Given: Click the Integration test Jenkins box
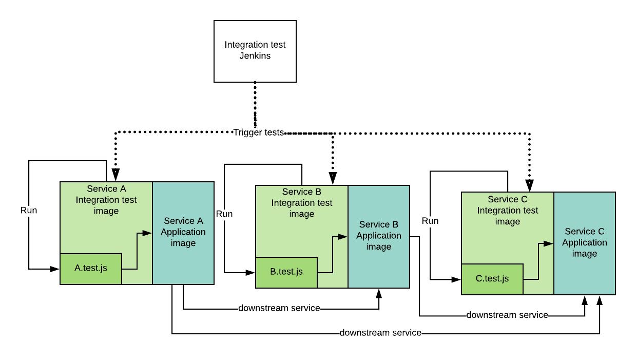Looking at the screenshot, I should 255,51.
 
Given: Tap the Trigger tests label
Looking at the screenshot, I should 258,132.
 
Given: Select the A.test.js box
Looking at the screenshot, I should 91,269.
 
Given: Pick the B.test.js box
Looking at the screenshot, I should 286,272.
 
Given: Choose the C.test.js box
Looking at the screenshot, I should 492,279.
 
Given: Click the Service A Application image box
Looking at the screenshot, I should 183,232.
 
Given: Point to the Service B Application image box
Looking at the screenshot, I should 379,236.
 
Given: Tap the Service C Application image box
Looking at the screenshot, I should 584,242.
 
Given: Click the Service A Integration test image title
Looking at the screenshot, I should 106,200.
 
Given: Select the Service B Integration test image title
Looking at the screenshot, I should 302,203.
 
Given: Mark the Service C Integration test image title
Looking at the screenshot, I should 508,210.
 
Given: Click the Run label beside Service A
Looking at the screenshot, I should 29,211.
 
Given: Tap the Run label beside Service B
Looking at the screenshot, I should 224,214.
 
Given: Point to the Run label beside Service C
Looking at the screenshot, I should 430,221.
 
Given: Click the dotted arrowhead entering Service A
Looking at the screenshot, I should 116,175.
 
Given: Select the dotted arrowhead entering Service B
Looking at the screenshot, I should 333,179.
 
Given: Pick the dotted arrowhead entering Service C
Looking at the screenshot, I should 529,186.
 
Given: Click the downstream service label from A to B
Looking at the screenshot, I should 279,309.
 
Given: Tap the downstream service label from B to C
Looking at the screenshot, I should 507,315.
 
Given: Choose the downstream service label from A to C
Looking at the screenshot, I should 380,333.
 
